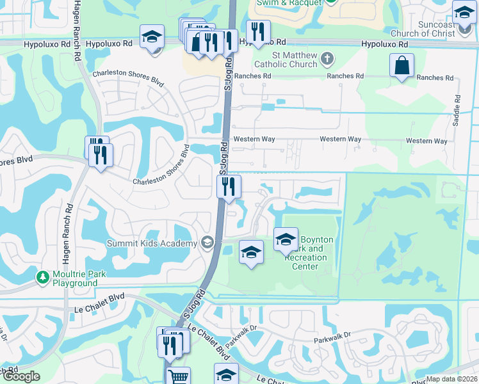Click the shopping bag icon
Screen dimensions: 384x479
[x=402, y=65]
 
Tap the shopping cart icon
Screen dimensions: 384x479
[x=177, y=377]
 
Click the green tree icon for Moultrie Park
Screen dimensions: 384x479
[x=43, y=277]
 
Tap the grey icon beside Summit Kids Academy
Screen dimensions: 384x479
[x=206, y=243]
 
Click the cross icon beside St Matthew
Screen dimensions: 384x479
[x=327, y=60]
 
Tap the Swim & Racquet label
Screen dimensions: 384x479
[x=288, y=3]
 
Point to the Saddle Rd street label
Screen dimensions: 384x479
[x=457, y=110]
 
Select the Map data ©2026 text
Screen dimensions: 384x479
[x=451, y=379]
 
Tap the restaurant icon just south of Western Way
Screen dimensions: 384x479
[x=229, y=186]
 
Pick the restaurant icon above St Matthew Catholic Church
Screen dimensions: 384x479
[x=258, y=31]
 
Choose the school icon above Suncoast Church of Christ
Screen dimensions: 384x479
[x=464, y=12]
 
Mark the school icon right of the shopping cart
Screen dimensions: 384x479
[x=226, y=374]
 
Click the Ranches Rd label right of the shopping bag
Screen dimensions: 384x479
[x=435, y=77]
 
